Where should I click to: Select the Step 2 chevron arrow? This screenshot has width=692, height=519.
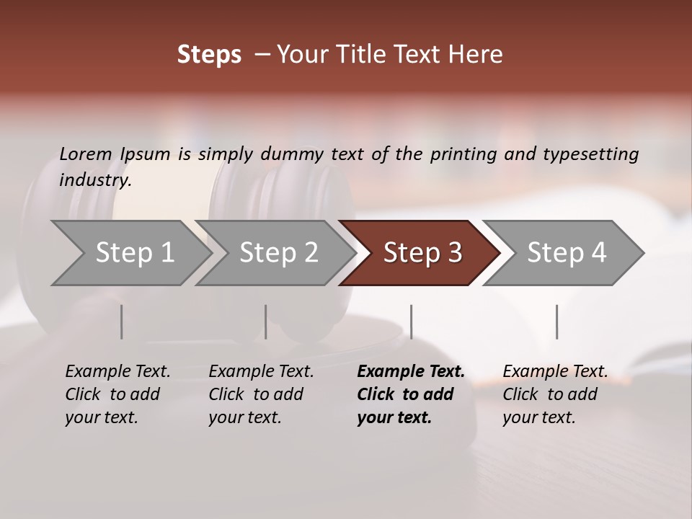[x=278, y=253]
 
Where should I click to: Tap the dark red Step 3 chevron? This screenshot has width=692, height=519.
[x=422, y=253]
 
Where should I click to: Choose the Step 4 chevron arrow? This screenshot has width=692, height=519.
[x=567, y=253]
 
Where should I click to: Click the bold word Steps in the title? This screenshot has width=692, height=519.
[x=209, y=55]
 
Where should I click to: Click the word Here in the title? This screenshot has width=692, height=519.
[x=475, y=55]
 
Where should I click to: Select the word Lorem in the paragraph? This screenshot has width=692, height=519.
[x=86, y=154]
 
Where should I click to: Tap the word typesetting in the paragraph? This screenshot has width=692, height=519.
[x=590, y=154]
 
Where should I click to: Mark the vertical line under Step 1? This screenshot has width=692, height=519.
[x=122, y=321]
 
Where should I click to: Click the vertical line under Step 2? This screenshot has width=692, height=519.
[x=266, y=321]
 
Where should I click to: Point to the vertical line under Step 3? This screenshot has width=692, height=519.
[x=412, y=321]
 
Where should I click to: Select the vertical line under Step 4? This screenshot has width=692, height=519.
[x=556, y=321]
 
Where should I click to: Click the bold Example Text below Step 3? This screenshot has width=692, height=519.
[x=411, y=372]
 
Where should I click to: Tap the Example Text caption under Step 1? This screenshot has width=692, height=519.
[x=117, y=372]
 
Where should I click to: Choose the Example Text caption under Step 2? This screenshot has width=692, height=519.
[x=261, y=372]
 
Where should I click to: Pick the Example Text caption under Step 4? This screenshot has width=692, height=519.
[x=555, y=372]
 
